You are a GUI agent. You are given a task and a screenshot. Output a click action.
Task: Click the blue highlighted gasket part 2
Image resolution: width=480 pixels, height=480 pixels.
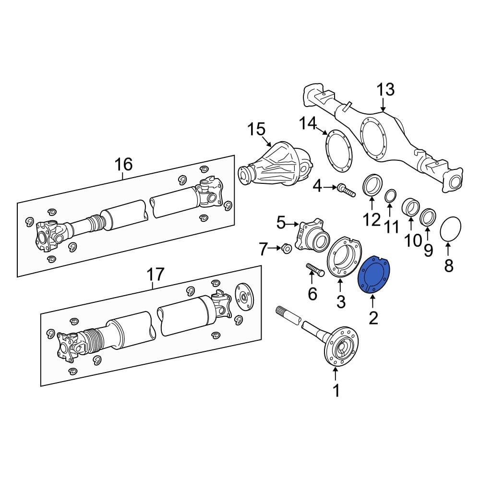click(x=375, y=276)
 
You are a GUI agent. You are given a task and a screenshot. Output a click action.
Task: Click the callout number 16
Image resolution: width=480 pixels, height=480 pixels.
click(x=123, y=165)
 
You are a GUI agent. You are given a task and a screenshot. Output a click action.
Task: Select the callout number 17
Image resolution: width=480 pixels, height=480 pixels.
click(x=155, y=275)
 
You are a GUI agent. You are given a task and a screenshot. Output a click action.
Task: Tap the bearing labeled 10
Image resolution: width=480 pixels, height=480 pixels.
click(x=410, y=207)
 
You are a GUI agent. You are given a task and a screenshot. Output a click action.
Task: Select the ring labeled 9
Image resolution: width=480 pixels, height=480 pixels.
click(x=427, y=217)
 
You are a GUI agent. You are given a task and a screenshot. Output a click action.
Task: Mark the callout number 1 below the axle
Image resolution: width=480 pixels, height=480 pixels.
click(x=336, y=391)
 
